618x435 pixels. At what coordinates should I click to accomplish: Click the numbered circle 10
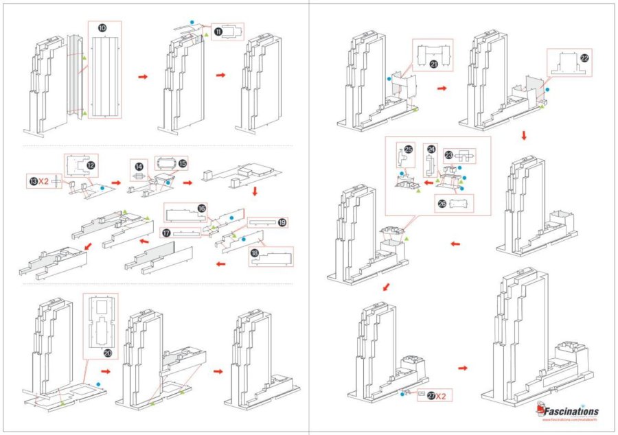(102, 28)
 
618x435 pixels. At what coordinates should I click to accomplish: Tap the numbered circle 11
(218, 32)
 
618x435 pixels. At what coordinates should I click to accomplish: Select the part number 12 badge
(91, 165)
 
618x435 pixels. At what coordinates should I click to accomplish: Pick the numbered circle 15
(182, 163)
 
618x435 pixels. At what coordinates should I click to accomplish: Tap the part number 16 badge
(202, 208)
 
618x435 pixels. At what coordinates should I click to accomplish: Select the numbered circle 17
(167, 232)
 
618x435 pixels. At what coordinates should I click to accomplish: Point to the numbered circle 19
(282, 222)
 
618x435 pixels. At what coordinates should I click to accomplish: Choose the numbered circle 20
(108, 353)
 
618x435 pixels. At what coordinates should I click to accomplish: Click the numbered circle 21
(434, 64)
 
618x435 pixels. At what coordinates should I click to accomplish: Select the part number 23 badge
(448, 156)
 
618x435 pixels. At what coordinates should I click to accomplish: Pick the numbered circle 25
(408, 149)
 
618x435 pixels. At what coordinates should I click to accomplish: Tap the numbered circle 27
(431, 397)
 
